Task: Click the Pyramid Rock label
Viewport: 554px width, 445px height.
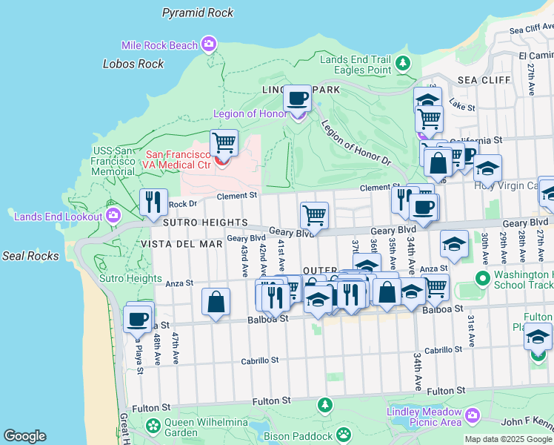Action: [198, 13]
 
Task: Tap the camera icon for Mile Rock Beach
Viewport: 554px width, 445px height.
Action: [209, 45]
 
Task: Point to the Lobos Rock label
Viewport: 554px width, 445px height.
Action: [133, 64]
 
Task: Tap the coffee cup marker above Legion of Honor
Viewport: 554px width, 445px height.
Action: [298, 97]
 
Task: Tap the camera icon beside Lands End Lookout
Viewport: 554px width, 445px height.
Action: [113, 216]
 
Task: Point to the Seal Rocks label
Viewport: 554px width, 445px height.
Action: [30, 256]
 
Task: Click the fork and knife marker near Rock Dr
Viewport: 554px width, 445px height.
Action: [153, 200]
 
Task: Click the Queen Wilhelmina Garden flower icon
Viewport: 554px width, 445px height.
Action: [153, 426]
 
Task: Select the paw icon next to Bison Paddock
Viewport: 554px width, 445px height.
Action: [343, 433]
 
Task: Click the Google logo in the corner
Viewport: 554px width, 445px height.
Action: [24, 436]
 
